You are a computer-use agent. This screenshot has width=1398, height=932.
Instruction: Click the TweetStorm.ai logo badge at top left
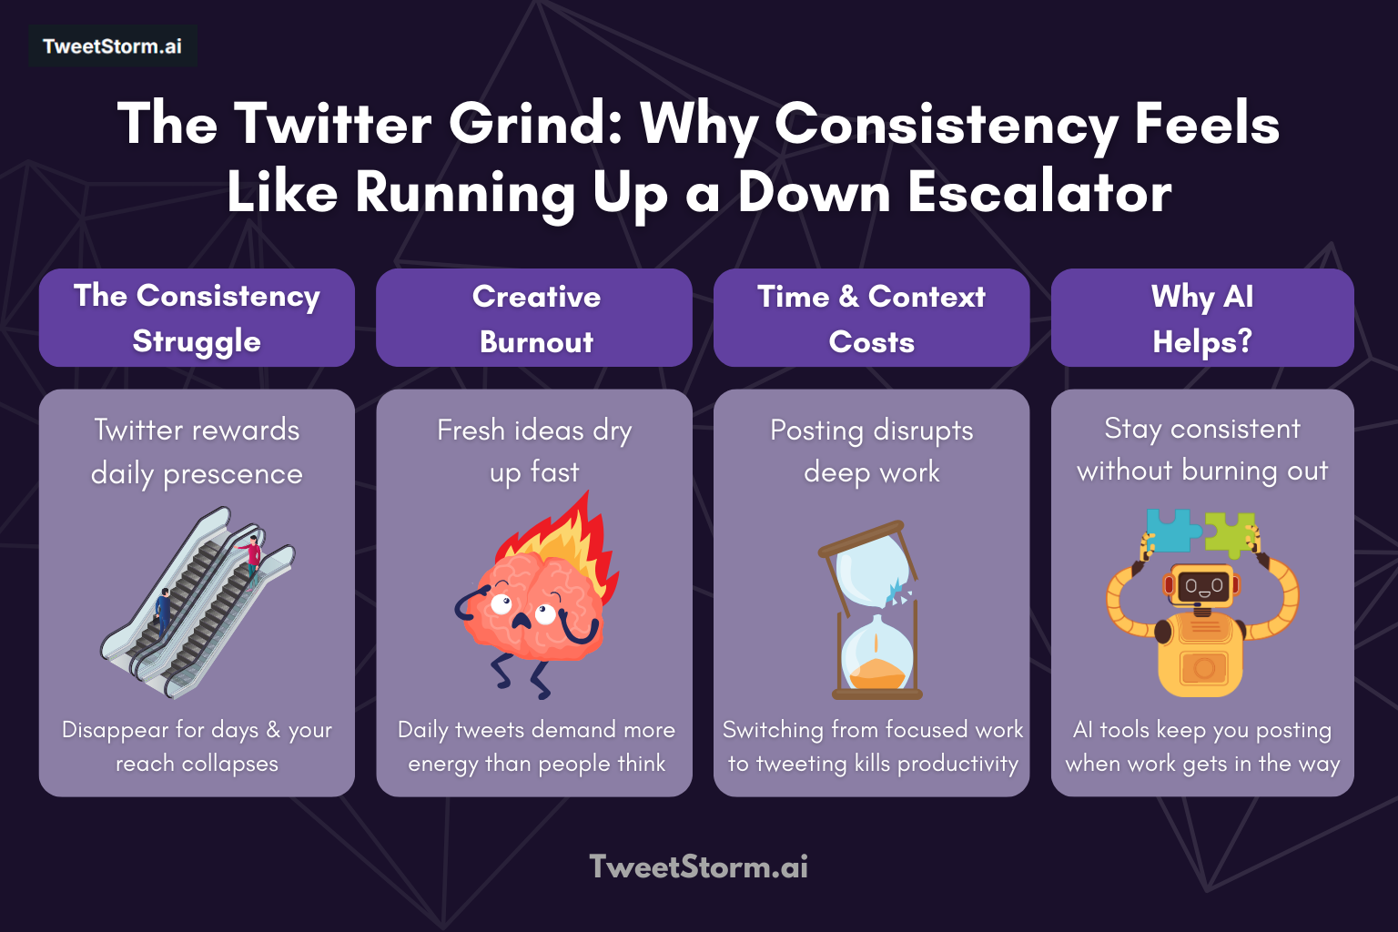point(112,46)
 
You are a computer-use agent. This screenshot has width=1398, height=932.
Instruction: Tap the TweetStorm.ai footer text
point(698,866)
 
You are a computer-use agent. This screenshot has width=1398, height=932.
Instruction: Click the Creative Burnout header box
point(535,318)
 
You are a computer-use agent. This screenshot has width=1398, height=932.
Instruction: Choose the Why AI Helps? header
point(1201,318)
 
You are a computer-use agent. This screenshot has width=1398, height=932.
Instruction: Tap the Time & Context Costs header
point(871,318)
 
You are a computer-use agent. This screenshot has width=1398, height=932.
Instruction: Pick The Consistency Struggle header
point(197,318)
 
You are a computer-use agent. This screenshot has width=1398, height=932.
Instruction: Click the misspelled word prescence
point(233,474)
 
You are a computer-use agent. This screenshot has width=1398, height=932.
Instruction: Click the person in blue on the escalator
point(163,609)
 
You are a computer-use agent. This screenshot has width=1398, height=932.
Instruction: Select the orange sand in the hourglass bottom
point(876,673)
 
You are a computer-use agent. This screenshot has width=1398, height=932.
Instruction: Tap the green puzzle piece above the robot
point(1231,532)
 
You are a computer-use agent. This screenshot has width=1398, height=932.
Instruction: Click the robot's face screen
point(1203,586)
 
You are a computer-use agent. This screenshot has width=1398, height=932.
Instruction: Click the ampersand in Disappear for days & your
point(273,730)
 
